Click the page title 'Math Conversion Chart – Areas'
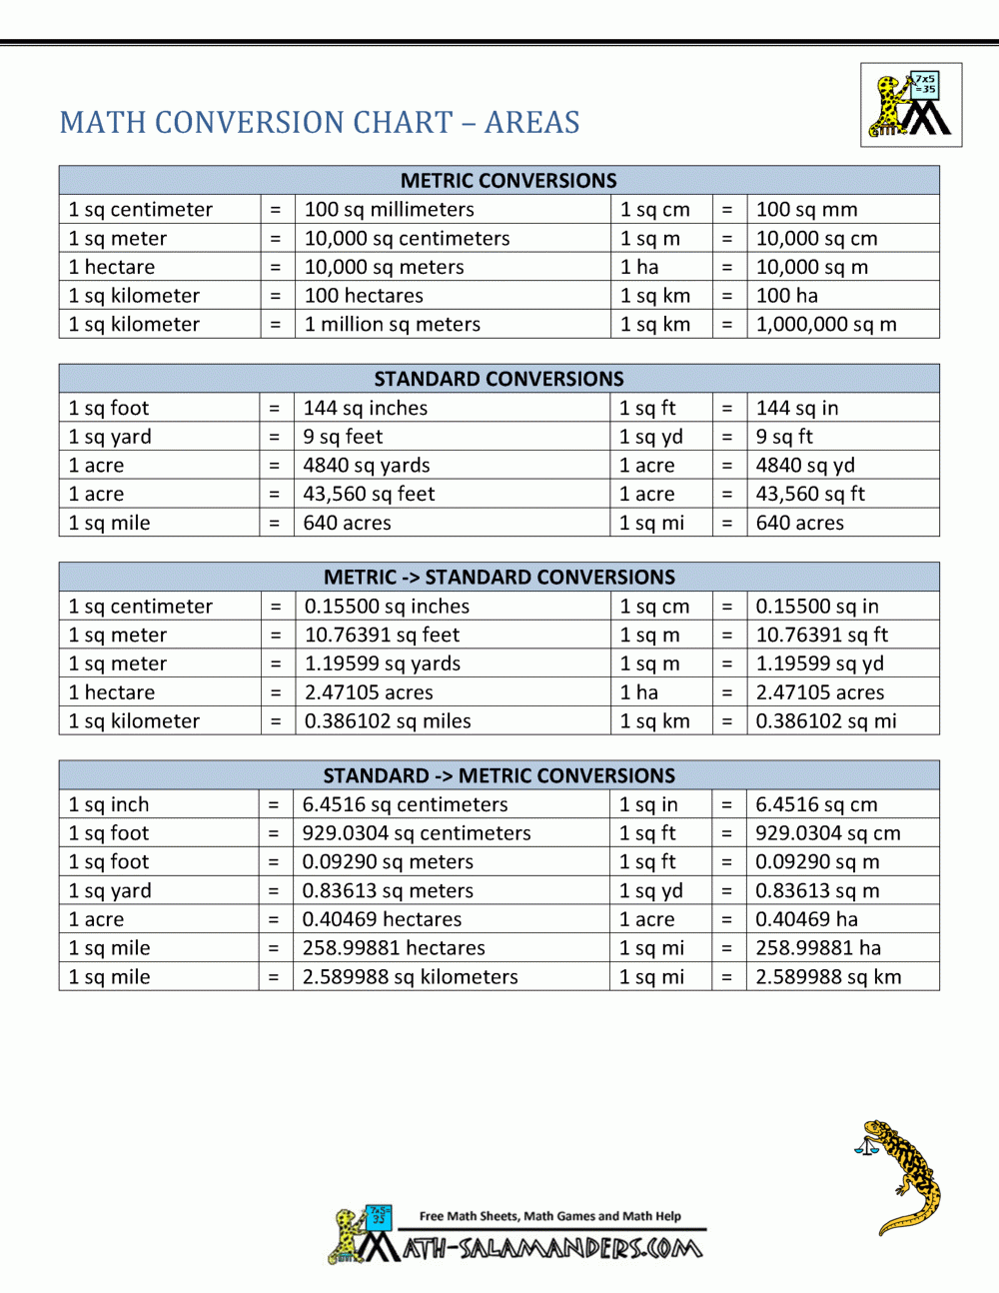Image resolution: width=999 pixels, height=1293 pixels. [x=320, y=122]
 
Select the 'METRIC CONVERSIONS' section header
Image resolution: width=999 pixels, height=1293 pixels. [x=508, y=180]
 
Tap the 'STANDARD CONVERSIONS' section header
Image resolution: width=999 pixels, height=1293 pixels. [x=499, y=379]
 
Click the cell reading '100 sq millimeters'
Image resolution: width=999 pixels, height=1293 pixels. [x=389, y=210]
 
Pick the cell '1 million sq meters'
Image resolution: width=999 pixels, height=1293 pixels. [x=392, y=325]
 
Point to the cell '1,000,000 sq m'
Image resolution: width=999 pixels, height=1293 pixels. [x=826, y=325]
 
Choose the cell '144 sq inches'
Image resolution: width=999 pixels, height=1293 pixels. [x=366, y=408]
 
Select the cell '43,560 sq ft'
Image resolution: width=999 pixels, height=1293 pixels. [x=810, y=494]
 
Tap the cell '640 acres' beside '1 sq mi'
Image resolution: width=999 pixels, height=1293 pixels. [x=799, y=523]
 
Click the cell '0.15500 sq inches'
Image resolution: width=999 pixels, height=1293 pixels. [x=387, y=607]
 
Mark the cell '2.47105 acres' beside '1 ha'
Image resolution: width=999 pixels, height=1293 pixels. [x=819, y=692]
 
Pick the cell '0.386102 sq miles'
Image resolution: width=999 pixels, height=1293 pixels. [x=388, y=721]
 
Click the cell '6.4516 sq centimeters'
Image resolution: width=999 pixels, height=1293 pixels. [x=405, y=804]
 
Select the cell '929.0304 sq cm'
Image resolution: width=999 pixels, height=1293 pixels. [x=827, y=833]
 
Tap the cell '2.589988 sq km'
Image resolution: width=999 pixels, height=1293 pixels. [x=828, y=977]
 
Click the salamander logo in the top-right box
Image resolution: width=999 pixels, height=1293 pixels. [x=911, y=105]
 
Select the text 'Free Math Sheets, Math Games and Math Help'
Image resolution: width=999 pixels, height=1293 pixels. [x=549, y=1216]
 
